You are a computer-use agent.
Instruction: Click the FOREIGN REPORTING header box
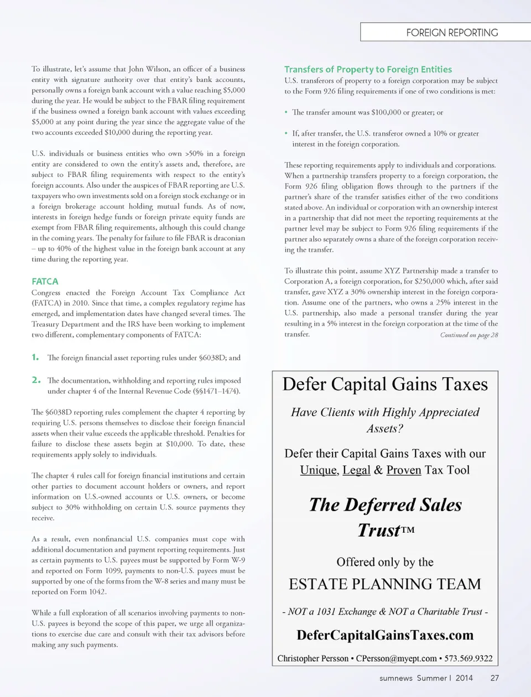click(x=445, y=32)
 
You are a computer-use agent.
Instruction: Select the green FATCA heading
click(x=45, y=281)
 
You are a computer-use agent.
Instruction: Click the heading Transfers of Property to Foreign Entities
click(x=368, y=69)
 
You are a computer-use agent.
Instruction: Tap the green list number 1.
click(x=35, y=357)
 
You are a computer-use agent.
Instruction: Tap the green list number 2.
click(x=36, y=380)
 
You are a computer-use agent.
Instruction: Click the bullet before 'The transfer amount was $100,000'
click(x=286, y=112)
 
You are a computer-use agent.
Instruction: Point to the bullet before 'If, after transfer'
click(x=286, y=133)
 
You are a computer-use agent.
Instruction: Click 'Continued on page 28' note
click(x=469, y=335)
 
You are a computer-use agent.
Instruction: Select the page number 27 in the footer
click(x=494, y=678)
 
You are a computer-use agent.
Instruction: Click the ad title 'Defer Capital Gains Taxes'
click(x=385, y=384)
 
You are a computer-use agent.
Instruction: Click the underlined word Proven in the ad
click(x=404, y=470)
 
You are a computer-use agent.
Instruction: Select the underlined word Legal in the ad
click(x=356, y=470)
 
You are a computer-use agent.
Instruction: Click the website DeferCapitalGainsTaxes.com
click(x=385, y=635)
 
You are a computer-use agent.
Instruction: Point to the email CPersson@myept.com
click(x=397, y=658)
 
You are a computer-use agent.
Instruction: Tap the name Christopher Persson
click(x=313, y=658)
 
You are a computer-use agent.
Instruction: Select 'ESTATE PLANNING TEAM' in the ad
click(x=385, y=584)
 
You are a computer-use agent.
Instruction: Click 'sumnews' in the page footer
click(x=395, y=678)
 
